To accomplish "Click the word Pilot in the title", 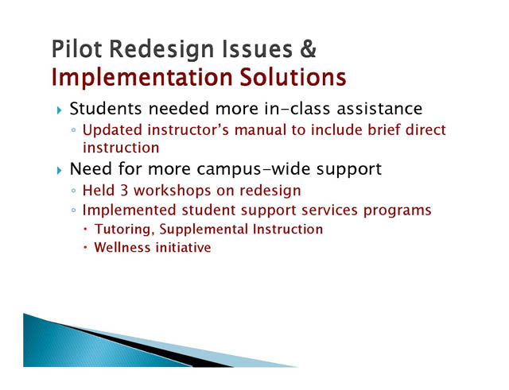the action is [x=76, y=49].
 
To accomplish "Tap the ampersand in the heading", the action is [x=308, y=49].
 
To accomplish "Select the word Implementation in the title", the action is [x=142, y=78].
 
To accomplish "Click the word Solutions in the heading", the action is [x=293, y=77].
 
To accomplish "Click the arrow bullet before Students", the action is [x=59, y=110].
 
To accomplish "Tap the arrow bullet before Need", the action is [x=59, y=170].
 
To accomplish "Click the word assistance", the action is [x=379, y=109].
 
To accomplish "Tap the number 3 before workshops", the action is [x=124, y=191].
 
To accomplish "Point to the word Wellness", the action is [x=122, y=247].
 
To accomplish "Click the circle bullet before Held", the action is [x=74, y=191].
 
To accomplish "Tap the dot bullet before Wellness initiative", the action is [x=85, y=248].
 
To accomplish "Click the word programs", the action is [x=398, y=210].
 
